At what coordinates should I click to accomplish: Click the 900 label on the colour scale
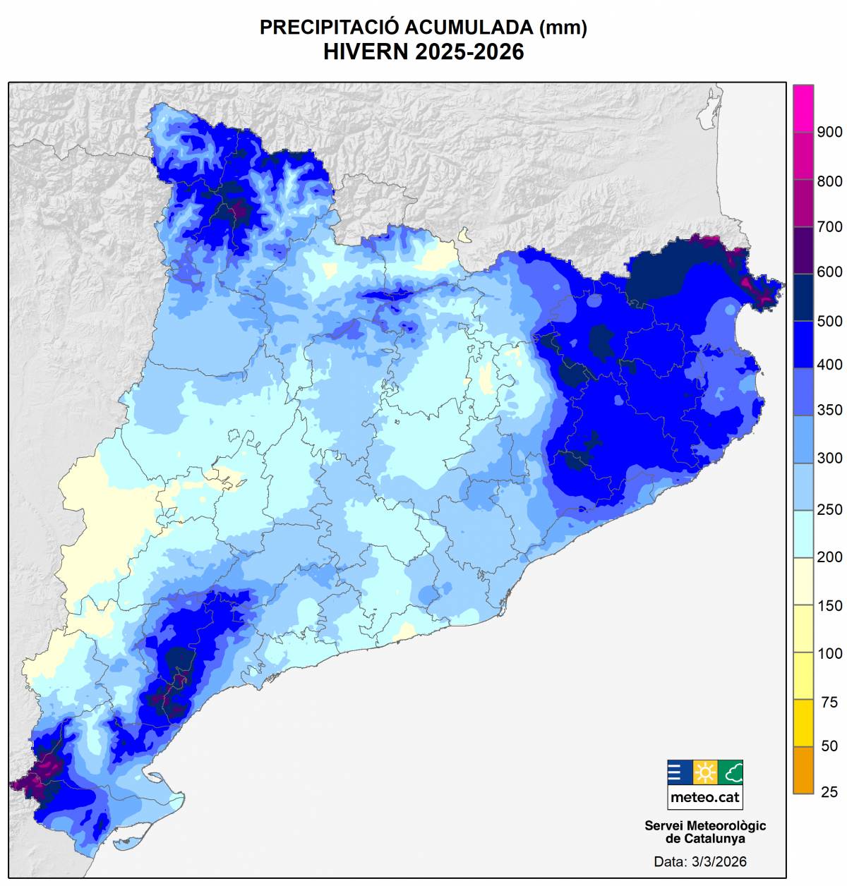[x=829, y=132]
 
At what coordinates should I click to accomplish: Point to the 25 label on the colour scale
[x=829, y=791]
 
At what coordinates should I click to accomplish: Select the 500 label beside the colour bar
[x=829, y=321]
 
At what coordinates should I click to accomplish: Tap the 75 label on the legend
[x=829, y=702]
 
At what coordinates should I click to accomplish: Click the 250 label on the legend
[x=829, y=509]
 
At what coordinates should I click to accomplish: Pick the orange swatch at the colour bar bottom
[x=803, y=770]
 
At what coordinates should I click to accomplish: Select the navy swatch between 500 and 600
[x=803, y=296]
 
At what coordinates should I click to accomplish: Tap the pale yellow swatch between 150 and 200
[x=803, y=581]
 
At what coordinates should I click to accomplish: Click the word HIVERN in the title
[x=366, y=52]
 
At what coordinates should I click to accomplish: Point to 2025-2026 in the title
[x=469, y=52]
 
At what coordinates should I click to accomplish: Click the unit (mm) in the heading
[x=563, y=28]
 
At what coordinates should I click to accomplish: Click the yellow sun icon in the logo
[x=705, y=772]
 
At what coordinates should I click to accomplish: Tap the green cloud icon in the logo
[x=731, y=772]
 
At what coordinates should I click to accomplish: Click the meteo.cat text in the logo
[x=705, y=797]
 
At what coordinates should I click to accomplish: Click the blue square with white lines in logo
[x=679, y=772]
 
